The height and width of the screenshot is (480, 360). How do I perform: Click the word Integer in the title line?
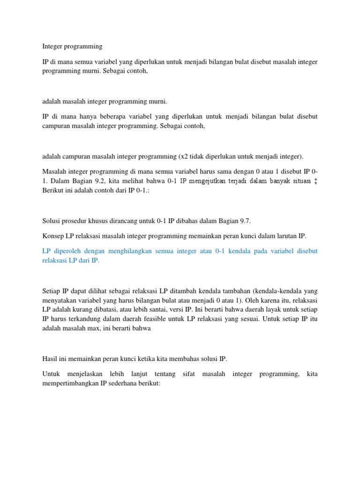coord(52,46)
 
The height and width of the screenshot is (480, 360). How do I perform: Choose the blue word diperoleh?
coord(66,251)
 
